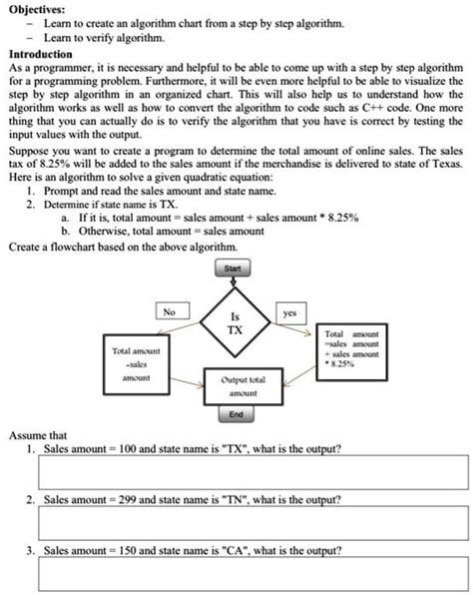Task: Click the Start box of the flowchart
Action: click(x=234, y=268)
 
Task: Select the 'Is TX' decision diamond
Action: click(x=234, y=321)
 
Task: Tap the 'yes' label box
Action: click(x=289, y=311)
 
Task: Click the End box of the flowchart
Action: click(x=236, y=414)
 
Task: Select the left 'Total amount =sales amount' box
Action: click(x=137, y=364)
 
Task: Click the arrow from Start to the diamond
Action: click(x=234, y=283)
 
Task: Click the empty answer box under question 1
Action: click(x=236, y=472)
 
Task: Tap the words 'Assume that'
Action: click(x=38, y=435)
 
